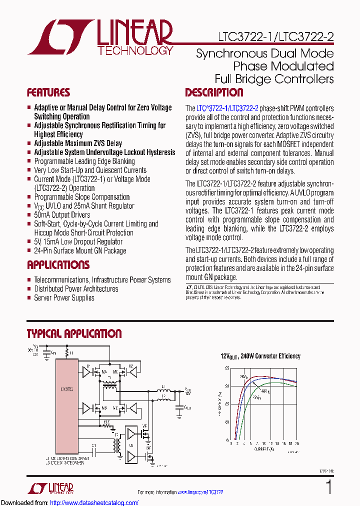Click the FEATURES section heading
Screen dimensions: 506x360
pyautogui.click(x=48, y=92)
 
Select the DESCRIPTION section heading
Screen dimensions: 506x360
pyautogui.click(x=214, y=92)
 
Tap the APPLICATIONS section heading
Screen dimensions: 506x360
pyautogui.click(x=58, y=265)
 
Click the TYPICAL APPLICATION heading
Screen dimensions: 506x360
pyautogui.click(x=74, y=333)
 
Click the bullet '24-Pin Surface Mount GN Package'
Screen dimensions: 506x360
pyautogui.click(x=80, y=251)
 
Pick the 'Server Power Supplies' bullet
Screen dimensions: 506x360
pyautogui.click(x=64, y=298)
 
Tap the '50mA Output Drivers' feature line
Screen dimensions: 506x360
pyautogui.click(x=62, y=215)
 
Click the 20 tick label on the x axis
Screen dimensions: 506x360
pyautogui.click(x=296, y=443)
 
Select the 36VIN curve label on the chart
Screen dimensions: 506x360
pyautogui.click(x=243, y=376)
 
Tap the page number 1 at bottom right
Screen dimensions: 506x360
pyautogui.click(x=328, y=487)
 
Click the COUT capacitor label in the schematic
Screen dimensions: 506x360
pyautogui.click(x=188, y=407)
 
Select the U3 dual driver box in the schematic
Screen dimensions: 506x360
pyautogui.click(x=131, y=444)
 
